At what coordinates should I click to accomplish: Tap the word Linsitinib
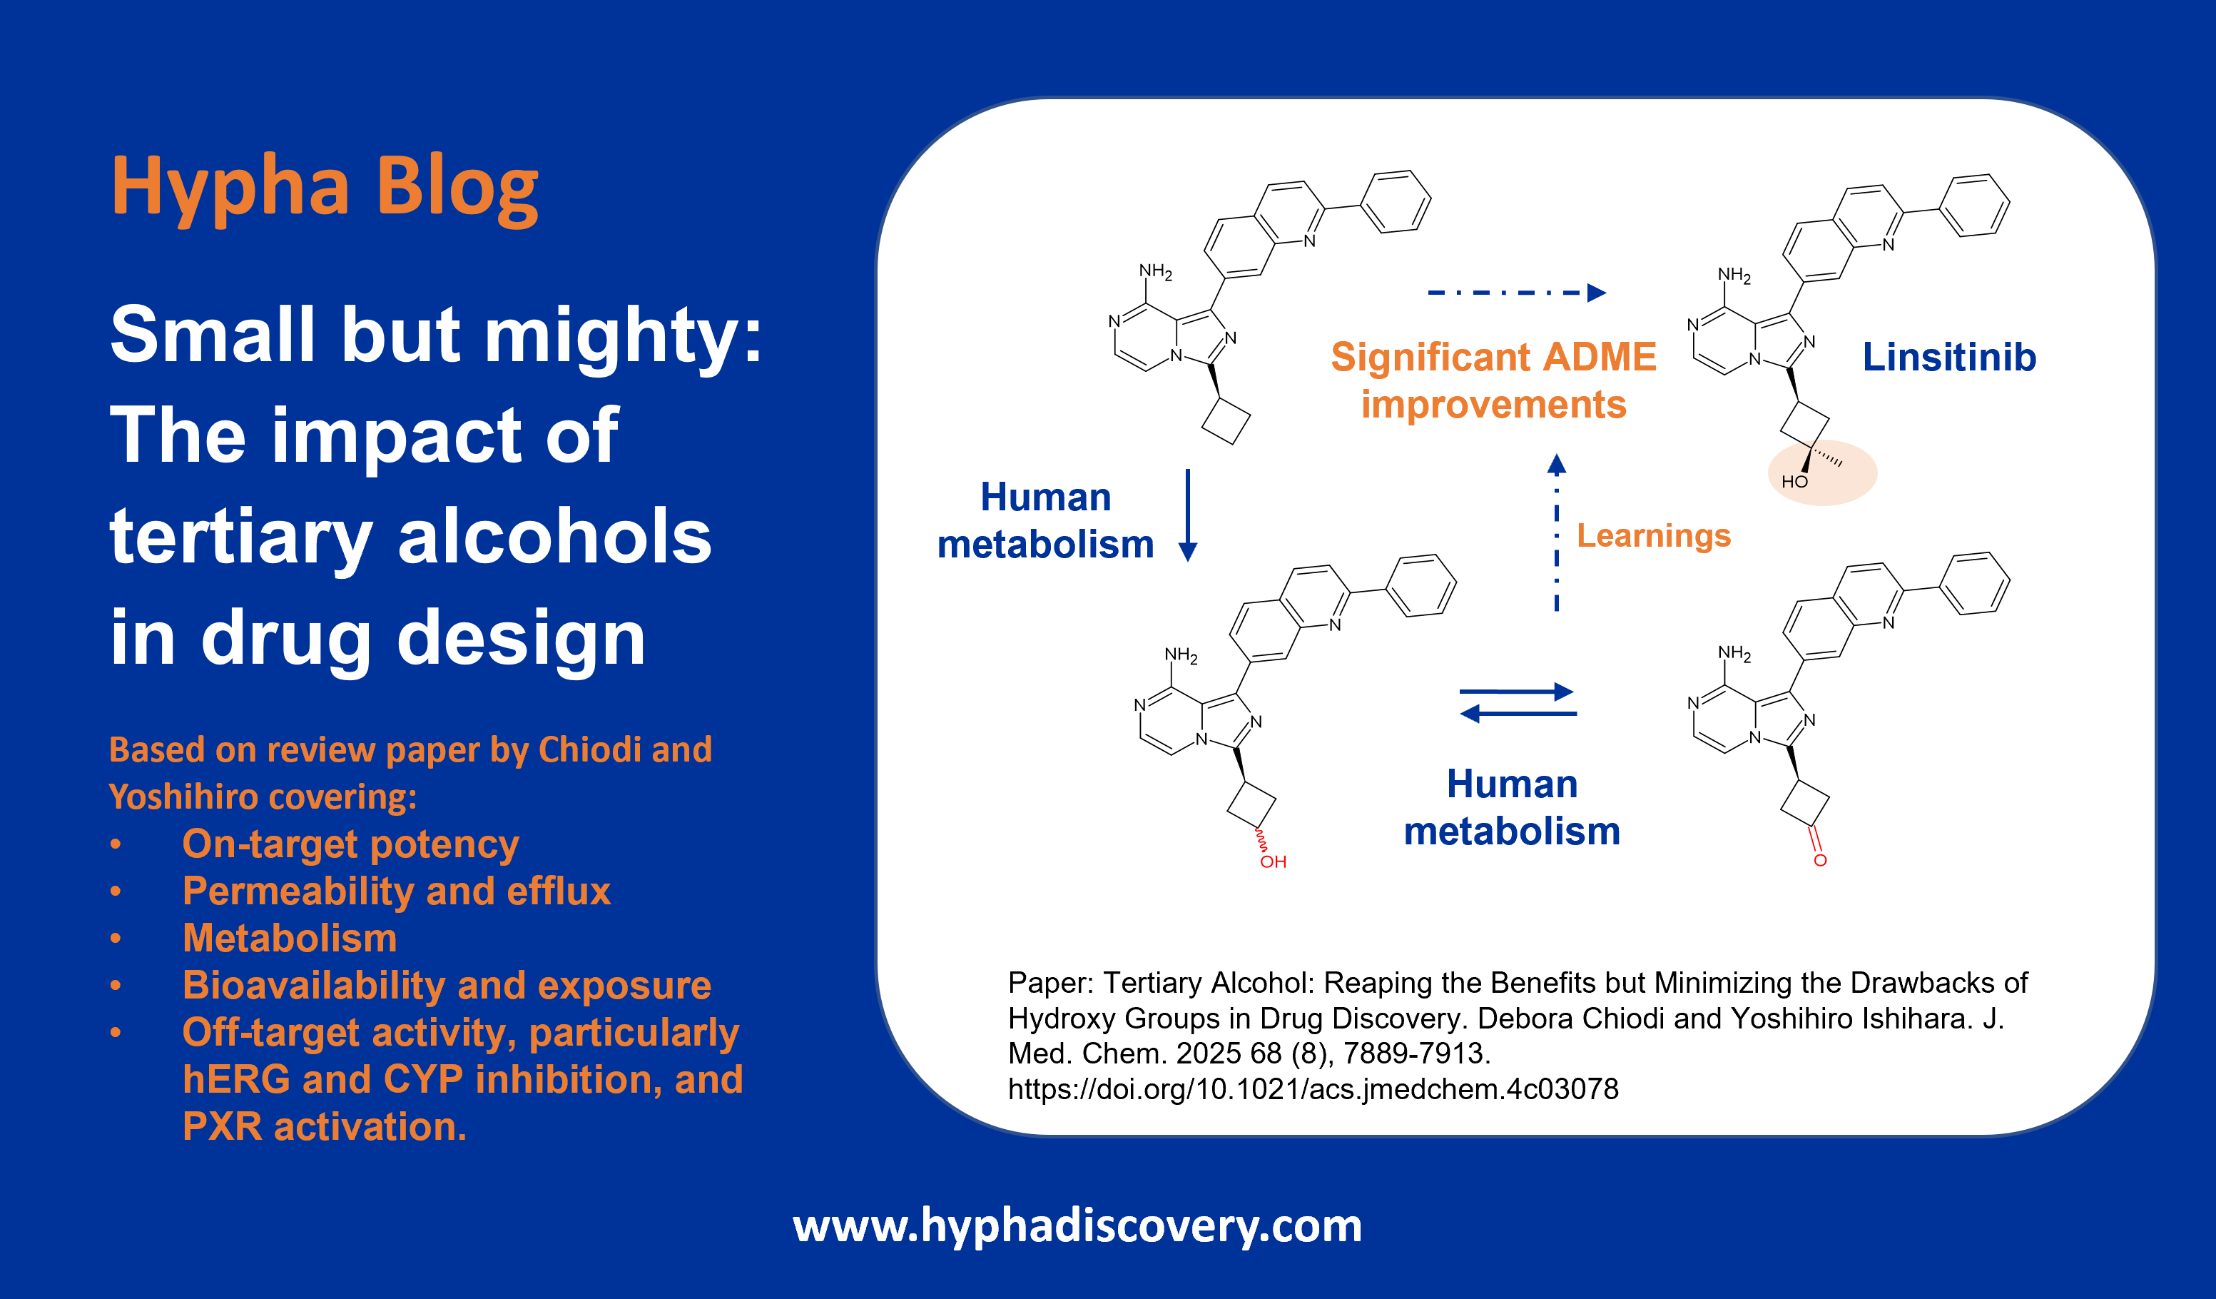pos(1948,357)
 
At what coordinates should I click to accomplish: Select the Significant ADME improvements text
pos(1493,381)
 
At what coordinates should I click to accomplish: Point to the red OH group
pos(1272,862)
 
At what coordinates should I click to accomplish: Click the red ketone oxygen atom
pos(1819,860)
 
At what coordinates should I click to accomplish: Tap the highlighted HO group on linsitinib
pos(1794,482)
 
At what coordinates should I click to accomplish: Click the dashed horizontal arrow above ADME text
pos(1517,293)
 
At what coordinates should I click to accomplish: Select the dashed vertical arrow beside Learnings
pos(1557,532)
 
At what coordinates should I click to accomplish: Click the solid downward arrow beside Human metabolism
pos(1187,515)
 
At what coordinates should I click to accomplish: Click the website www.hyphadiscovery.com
pos(1077,1225)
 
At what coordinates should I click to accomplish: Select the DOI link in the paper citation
pos(1313,1088)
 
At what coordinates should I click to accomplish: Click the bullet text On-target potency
pos(350,844)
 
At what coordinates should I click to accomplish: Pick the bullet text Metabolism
pos(290,939)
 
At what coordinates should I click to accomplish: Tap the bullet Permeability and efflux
pos(396,891)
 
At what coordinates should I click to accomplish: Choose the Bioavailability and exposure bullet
pos(447,986)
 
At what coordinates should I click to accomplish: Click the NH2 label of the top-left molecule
pos(1156,272)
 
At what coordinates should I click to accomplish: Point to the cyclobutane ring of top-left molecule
pos(1226,421)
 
